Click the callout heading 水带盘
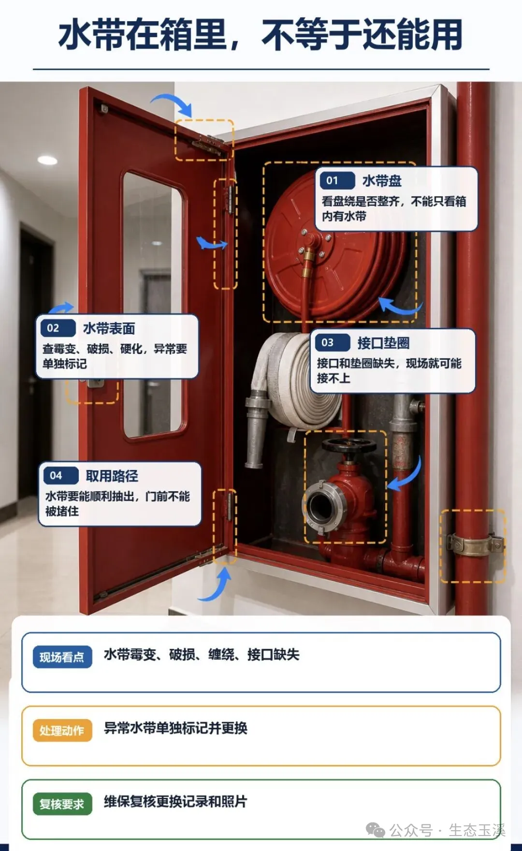point(382,181)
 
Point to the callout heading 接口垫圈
point(383,343)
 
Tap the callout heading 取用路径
point(112,476)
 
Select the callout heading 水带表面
point(109,328)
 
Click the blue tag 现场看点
point(62,657)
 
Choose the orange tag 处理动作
point(62,730)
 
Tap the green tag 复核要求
point(62,804)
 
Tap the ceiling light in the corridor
point(47,160)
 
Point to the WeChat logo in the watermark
point(375,830)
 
